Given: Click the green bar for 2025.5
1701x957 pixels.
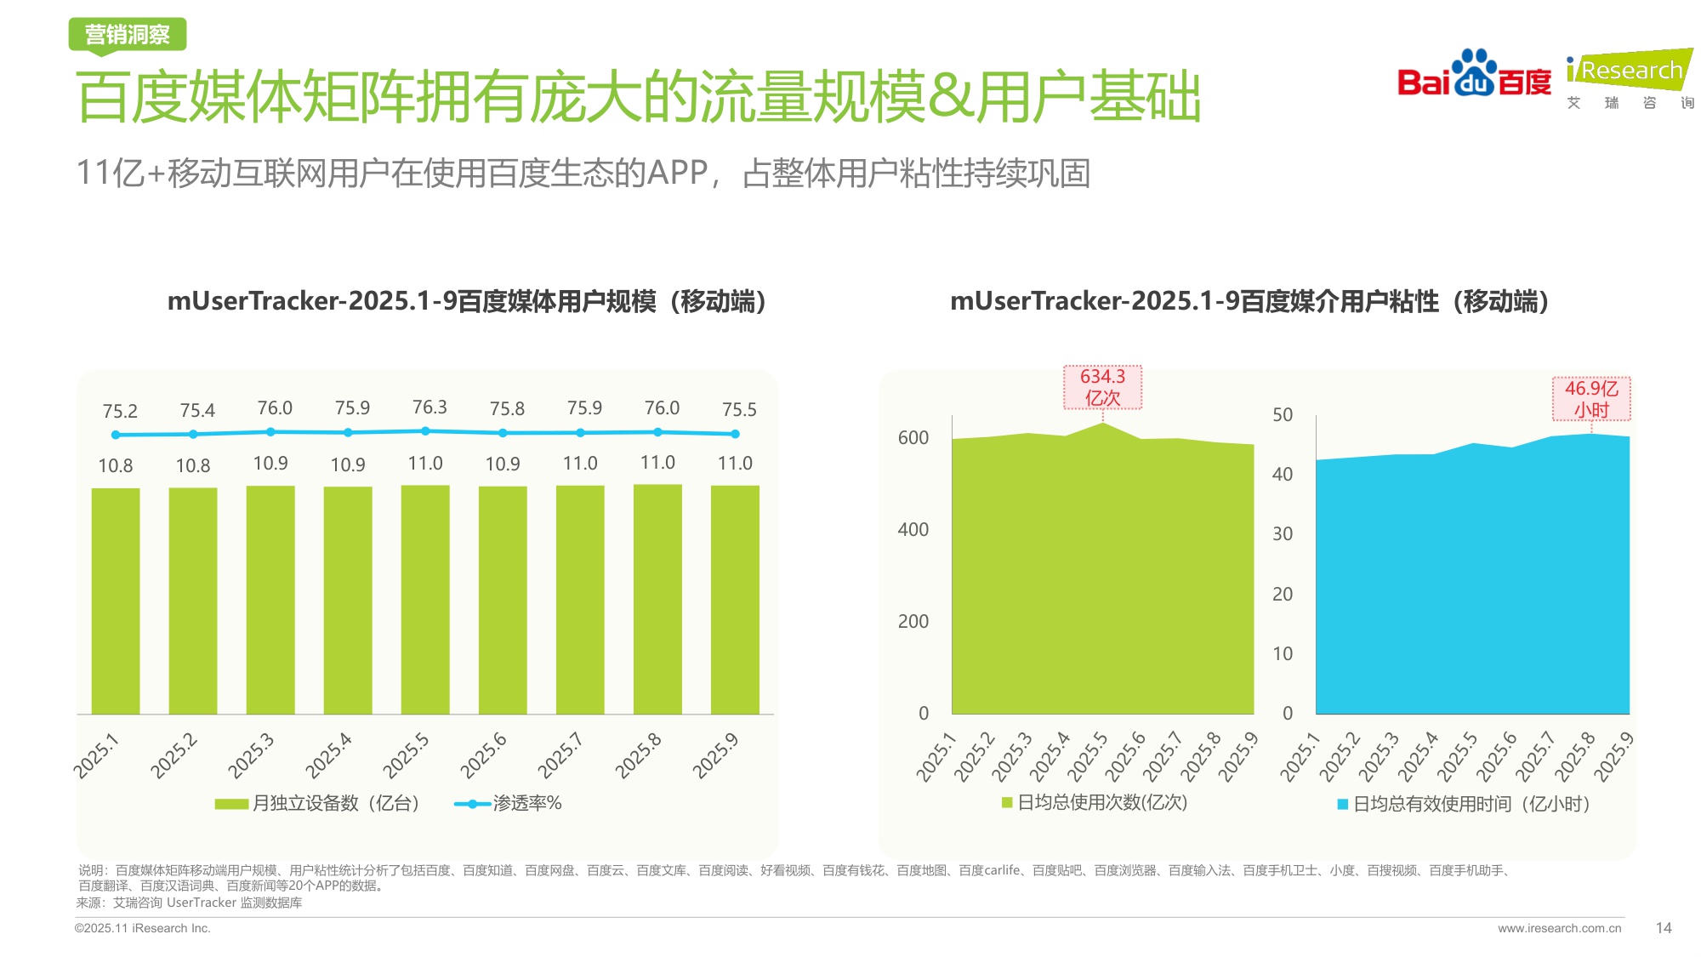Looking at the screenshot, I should (x=425, y=600).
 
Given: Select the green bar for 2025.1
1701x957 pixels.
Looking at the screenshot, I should (x=116, y=601).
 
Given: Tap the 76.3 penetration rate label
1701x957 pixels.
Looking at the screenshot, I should (x=430, y=407).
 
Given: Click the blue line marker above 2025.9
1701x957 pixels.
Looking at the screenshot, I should (x=735, y=434).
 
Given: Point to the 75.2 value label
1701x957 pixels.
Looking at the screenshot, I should (x=120, y=411).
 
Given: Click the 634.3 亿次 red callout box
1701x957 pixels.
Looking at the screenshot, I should (x=1102, y=387).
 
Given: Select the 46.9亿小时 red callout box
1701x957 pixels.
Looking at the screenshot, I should (x=1591, y=399).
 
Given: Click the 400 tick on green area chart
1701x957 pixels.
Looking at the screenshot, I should (x=913, y=529).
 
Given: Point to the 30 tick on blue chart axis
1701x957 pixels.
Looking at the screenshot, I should (x=1282, y=534).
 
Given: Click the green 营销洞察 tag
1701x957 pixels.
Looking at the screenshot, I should (x=128, y=35).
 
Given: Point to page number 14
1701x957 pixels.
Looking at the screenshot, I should (x=1664, y=928).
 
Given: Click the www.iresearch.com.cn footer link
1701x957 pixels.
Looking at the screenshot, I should (x=1559, y=928).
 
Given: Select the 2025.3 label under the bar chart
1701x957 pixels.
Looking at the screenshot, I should (x=252, y=755).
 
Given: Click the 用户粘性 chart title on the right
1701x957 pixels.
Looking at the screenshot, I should (x=1249, y=301).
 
